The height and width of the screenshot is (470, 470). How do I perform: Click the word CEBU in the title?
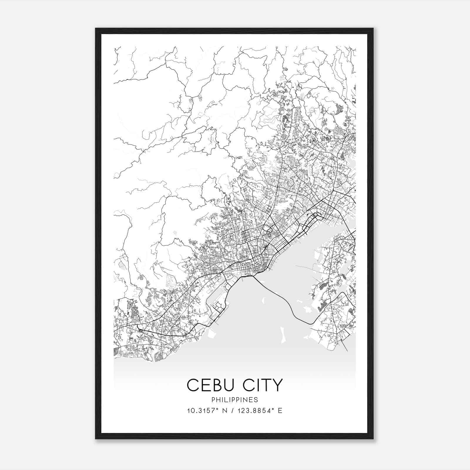point(209,385)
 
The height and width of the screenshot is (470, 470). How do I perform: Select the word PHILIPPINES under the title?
point(235,400)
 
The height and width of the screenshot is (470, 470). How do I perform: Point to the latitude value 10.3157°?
point(200,411)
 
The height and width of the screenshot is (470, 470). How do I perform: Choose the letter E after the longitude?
point(280,411)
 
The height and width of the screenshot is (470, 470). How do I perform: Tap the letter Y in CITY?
point(277,385)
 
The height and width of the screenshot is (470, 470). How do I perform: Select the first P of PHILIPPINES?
point(213,400)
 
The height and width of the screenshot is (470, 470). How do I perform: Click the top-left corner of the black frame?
point(96,28)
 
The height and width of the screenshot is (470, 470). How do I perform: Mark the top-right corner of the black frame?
point(373,28)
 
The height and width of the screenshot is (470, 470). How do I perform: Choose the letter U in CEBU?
point(229,385)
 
